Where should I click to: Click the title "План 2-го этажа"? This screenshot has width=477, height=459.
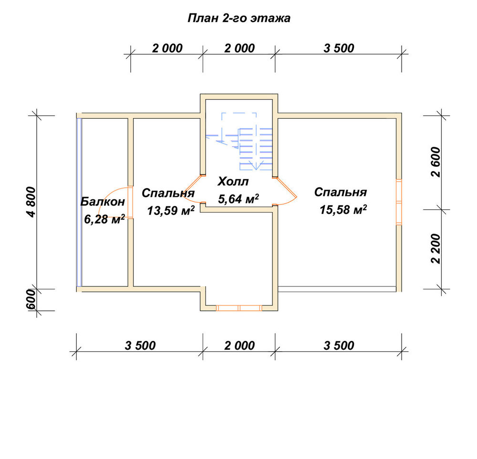tap(239, 18)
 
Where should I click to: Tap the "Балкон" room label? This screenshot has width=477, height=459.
tap(103, 201)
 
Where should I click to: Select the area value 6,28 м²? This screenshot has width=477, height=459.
tap(104, 219)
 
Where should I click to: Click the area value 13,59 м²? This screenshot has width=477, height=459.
tap(171, 210)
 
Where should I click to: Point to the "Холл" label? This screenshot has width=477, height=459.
tap(233, 182)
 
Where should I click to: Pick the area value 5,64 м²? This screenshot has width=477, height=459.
tap(238, 199)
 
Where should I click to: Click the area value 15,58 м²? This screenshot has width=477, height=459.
tap(343, 209)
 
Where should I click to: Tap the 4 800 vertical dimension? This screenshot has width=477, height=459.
tap(31, 202)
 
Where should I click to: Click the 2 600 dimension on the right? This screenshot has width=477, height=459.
tap(436, 162)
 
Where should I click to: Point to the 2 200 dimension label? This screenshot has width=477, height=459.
tap(436, 249)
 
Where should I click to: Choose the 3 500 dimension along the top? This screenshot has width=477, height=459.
tap(339, 48)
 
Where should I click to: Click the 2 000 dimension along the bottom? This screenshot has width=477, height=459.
tap(239, 345)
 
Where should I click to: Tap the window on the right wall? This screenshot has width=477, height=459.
tap(399, 202)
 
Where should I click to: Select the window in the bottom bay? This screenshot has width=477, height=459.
tap(239, 308)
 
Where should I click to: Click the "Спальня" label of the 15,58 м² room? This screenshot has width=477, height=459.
tap(341, 192)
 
